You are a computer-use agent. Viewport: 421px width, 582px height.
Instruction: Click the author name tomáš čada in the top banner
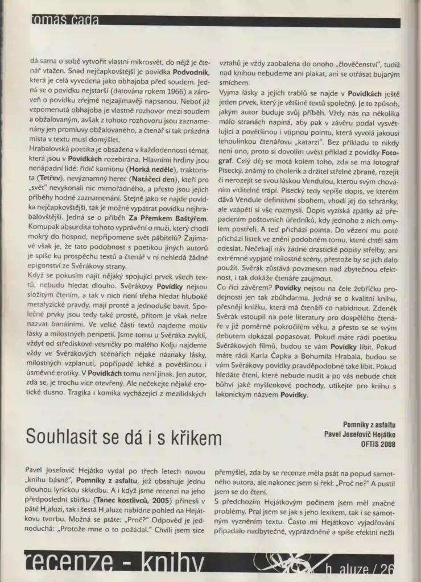coord(63,21)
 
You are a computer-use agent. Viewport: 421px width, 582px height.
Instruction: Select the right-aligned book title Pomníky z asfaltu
coord(369,425)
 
